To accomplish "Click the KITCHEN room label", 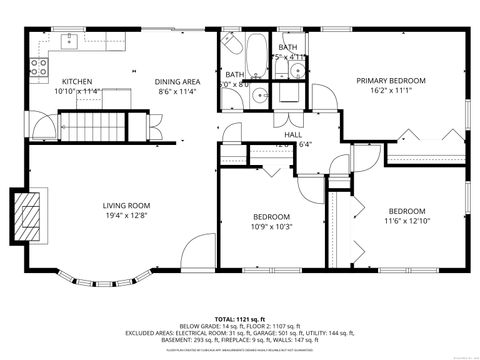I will click(x=78, y=81).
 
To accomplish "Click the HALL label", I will click(x=293, y=134).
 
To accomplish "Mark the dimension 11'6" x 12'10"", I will click(x=407, y=220).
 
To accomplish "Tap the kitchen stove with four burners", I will click(x=40, y=68).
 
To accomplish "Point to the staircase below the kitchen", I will click(x=92, y=127).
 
